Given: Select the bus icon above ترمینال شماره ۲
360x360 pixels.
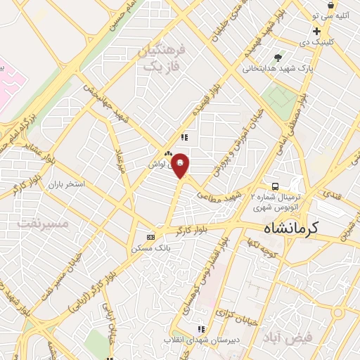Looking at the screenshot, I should click(275, 186).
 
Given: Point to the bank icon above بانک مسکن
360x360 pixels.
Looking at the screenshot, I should click(149, 237).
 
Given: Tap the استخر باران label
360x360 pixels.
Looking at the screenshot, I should click(66, 184).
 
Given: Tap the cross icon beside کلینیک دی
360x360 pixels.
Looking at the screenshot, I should click(317, 31).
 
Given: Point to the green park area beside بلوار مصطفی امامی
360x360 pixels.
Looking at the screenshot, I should click(283, 103).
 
